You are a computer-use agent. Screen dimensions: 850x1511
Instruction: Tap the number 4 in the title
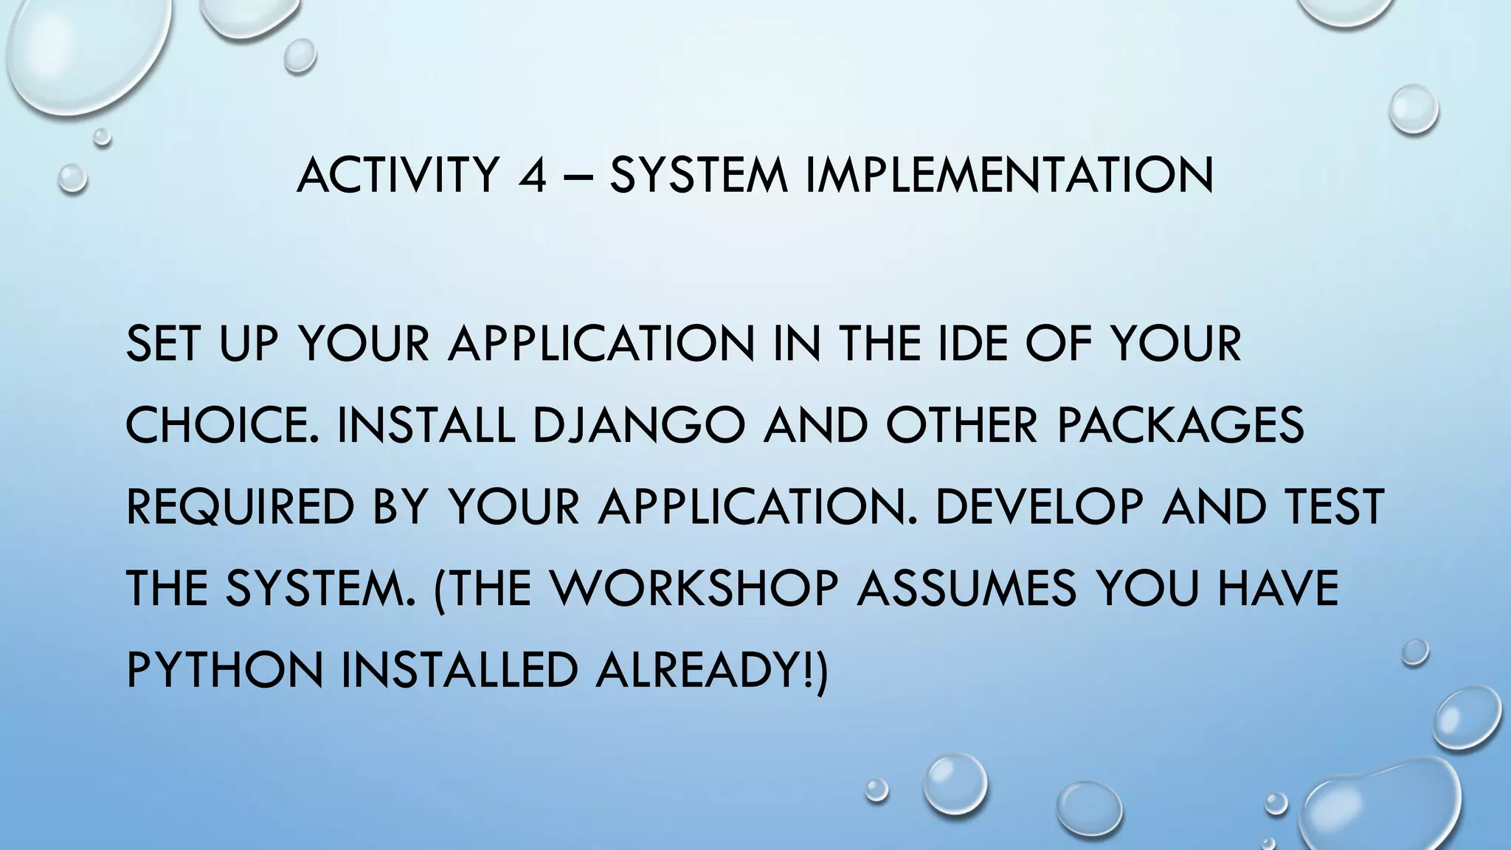[531, 176]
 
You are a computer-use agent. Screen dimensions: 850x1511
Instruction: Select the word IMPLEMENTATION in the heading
[1009, 176]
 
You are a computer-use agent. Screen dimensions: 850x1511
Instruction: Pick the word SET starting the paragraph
[163, 344]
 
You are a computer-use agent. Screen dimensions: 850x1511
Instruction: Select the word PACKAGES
[1180, 426]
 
